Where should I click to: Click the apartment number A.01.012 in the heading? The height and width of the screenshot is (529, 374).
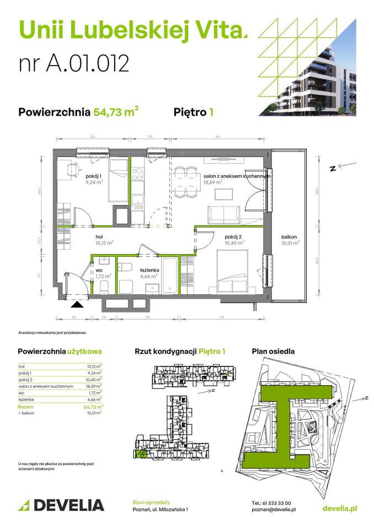(74, 63)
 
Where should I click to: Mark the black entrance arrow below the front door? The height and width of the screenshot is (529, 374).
(77, 303)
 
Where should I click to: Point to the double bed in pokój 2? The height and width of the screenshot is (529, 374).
(232, 270)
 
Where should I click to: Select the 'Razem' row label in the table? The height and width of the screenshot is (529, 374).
(25, 406)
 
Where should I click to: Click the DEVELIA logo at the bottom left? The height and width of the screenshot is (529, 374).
(61, 504)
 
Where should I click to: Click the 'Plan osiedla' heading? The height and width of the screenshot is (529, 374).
(273, 351)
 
